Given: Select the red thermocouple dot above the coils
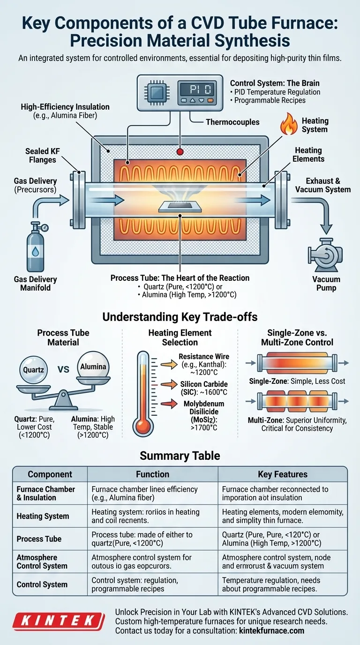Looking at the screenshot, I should click(x=180, y=151).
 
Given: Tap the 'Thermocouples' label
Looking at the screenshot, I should click(x=233, y=122).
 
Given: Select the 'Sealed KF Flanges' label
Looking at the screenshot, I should click(x=40, y=156).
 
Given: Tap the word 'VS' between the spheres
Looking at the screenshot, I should click(x=63, y=369).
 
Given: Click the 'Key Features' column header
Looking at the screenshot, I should click(x=283, y=474).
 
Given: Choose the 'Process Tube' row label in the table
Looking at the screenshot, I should click(x=39, y=539).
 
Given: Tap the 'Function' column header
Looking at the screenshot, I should click(x=152, y=474).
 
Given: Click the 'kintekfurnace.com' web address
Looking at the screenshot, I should click(x=270, y=630).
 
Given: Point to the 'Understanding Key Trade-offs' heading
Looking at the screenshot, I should click(x=180, y=317).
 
